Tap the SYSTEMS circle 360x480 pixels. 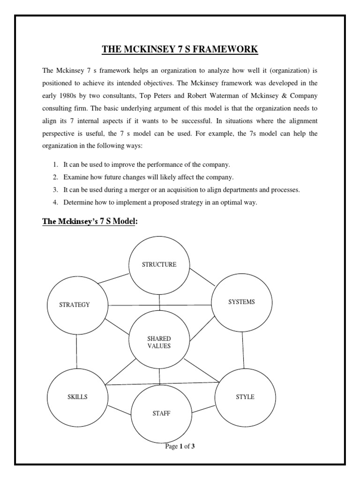tap(241, 302)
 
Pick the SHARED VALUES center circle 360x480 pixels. tap(159, 342)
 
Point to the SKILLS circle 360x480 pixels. tap(77, 397)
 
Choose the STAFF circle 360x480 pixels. tap(161, 413)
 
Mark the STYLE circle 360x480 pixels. tap(245, 397)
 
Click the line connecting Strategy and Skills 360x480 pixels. tap(77, 351)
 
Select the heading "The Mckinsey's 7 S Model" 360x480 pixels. tap(90, 221)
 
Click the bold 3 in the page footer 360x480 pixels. tap(193, 446)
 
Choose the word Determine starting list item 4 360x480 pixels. tap(78, 202)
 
